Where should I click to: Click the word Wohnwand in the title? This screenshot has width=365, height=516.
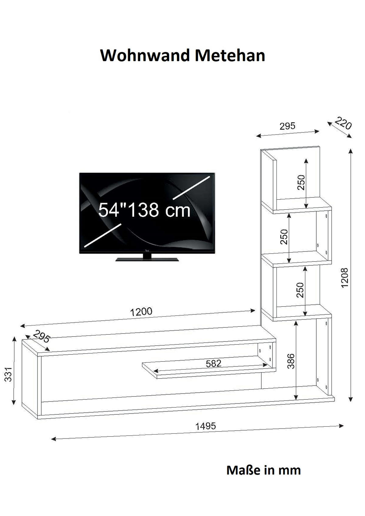[145, 55]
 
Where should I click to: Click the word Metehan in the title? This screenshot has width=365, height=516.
[230, 55]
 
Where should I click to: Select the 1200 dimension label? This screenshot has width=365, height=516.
[141, 312]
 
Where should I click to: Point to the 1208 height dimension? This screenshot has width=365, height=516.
[344, 277]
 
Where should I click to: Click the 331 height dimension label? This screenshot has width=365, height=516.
[8, 374]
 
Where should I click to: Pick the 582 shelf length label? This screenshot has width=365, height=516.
[214, 363]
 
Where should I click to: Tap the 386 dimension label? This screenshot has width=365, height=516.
[291, 361]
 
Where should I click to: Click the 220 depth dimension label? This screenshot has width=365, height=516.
[343, 123]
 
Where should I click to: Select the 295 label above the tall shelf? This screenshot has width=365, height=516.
[287, 126]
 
